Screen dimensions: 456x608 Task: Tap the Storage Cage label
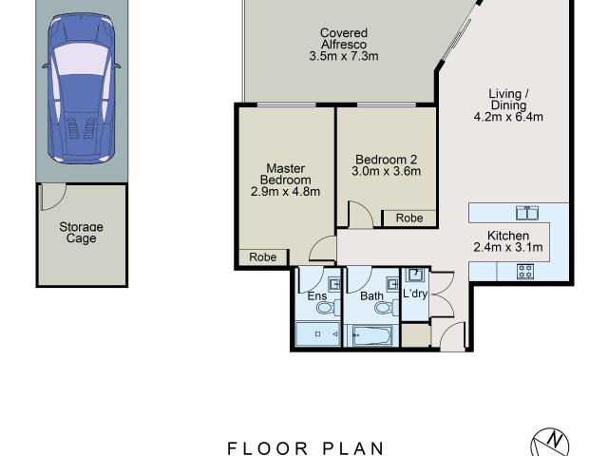(81, 233)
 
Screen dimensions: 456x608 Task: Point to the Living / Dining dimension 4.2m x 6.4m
(508, 118)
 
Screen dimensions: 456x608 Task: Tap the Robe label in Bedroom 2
(409, 218)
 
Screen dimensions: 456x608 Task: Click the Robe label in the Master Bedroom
(263, 257)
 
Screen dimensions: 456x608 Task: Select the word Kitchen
(508, 236)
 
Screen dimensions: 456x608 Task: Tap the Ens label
(317, 296)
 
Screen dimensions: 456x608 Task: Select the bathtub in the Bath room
(371, 334)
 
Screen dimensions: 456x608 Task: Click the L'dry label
(415, 294)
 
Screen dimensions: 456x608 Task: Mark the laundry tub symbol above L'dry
(414, 275)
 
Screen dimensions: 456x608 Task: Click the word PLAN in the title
(349, 448)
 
